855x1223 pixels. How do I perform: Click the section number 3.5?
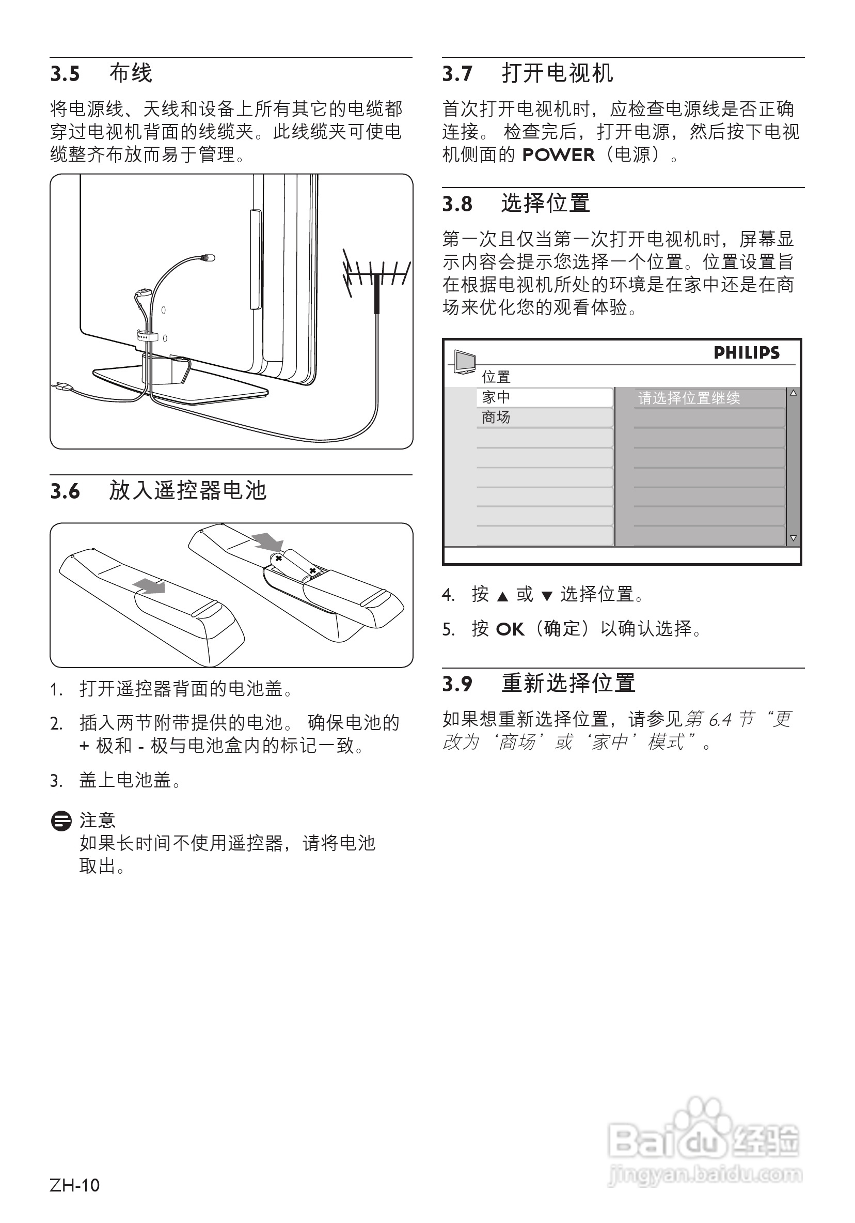coord(65,73)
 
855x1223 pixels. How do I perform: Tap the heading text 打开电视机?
coord(557,73)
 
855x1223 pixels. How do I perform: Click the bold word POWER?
coord(558,155)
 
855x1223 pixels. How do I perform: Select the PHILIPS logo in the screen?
coord(746,352)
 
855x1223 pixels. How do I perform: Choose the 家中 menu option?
coord(496,397)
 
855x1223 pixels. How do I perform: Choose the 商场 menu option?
coord(496,417)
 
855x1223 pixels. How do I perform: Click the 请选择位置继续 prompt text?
coord(689,398)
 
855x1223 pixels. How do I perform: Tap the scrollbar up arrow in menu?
coord(793,393)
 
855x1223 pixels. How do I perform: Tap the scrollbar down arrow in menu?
coord(793,538)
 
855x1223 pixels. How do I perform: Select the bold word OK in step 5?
coord(510,630)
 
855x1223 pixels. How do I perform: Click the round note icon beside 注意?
coord(61,821)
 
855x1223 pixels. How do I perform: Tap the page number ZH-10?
coord(74,1185)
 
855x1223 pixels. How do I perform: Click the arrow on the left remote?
coord(150,586)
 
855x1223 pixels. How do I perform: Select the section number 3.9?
coord(457,684)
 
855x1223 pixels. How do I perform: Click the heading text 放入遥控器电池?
coord(187,490)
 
